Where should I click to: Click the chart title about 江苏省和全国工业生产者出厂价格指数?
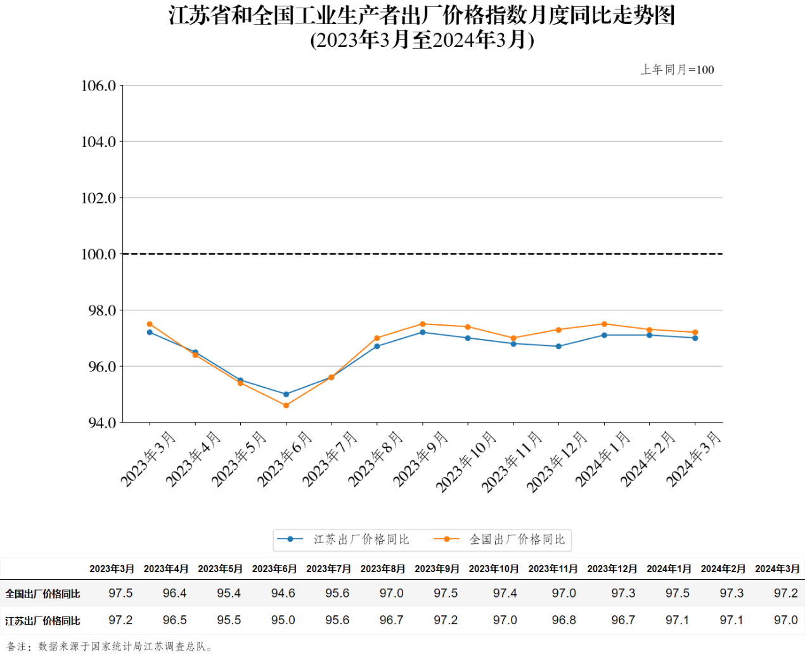click(x=422, y=15)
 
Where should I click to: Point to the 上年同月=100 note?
click(x=677, y=70)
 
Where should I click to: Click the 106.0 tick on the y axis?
click(x=99, y=86)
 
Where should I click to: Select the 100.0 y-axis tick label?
click(x=99, y=254)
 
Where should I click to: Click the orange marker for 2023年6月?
click(x=286, y=405)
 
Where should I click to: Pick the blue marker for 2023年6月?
click(x=286, y=394)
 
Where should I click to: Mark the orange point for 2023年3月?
click(x=150, y=324)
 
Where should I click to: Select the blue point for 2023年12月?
click(x=558, y=347)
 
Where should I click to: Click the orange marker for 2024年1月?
click(x=604, y=324)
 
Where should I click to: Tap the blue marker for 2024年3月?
click(x=695, y=338)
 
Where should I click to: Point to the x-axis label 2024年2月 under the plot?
click(x=648, y=459)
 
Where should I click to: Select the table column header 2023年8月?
click(x=382, y=569)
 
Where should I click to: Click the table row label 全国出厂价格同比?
click(x=42, y=594)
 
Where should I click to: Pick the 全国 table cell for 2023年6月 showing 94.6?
click(x=283, y=594)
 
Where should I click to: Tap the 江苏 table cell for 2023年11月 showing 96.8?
click(x=563, y=620)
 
